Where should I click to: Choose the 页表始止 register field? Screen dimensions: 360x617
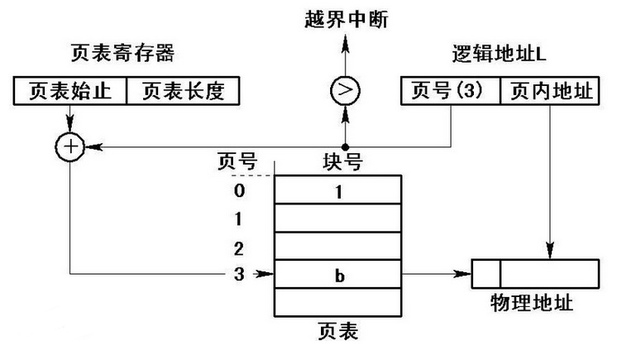[x=70, y=91]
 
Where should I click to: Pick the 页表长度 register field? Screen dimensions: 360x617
[x=182, y=91]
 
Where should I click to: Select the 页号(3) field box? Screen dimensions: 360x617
[x=450, y=91]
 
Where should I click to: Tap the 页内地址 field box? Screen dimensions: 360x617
[x=549, y=91]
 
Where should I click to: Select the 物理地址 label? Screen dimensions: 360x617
[x=538, y=302]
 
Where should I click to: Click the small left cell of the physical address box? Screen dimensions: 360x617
[x=485, y=273]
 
